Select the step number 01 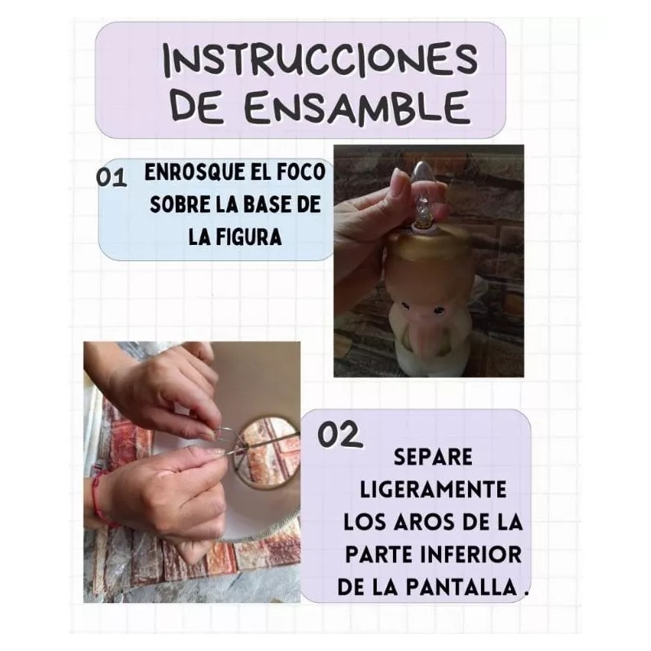point(111,178)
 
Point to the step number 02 point(339,435)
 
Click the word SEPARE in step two point(432,457)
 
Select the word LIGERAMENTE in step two point(432,488)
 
